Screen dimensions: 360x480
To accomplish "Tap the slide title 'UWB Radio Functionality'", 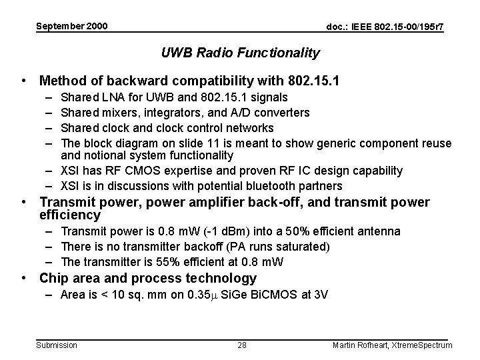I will [241, 53].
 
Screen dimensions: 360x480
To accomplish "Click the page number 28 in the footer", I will [243, 345].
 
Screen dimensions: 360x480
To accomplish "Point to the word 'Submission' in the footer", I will [57, 345].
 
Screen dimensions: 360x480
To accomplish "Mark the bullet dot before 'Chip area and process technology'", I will [24, 278].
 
